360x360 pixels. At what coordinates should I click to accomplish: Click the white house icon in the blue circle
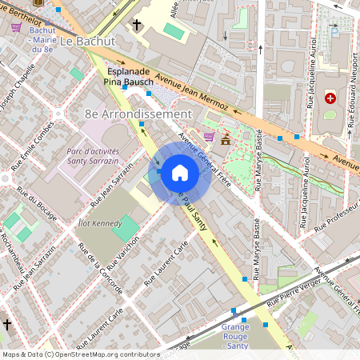[180, 172]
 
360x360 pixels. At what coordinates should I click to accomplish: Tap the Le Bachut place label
[88, 41]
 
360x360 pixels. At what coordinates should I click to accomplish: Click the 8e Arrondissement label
[138, 114]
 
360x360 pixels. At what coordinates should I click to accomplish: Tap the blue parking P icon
[334, 32]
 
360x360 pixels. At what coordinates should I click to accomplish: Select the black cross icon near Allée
[137, 26]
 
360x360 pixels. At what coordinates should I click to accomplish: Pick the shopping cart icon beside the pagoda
[209, 137]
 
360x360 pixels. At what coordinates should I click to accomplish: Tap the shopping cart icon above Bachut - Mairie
[16, 26]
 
